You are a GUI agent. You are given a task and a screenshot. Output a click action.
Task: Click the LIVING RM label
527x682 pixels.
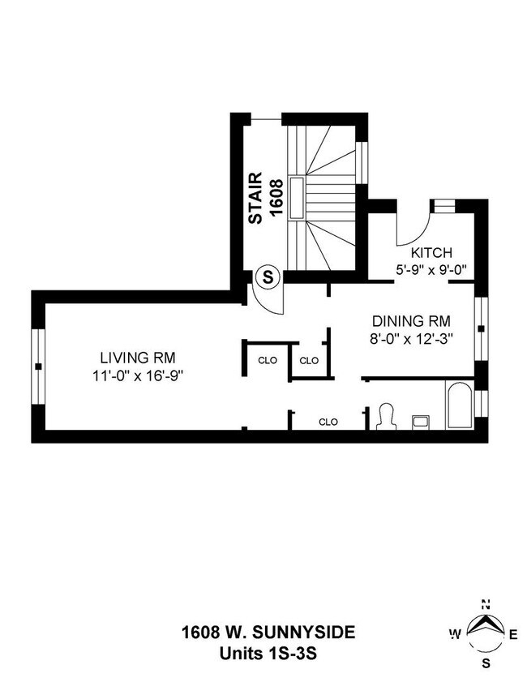pyautogui.click(x=138, y=357)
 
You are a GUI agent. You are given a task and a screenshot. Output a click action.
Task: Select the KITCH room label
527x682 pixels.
pyautogui.click(x=431, y=252)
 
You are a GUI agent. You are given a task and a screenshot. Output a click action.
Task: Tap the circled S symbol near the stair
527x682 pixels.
pyautogui.click(x=268, y=277)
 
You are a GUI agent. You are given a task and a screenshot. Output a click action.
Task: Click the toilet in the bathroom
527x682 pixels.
pyautogui.click(x=385, y=416)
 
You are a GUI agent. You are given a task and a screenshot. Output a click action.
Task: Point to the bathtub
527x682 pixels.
pyautogui.click(x=460, y=405)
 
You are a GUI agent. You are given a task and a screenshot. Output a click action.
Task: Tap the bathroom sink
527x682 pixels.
pyautogui.click(x=422, y=421)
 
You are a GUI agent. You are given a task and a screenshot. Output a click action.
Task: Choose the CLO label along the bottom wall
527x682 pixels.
pyautogui.click(x=328, y=422)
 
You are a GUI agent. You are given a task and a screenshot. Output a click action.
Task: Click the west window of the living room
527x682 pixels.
pyautogui.click(x=37, y=366)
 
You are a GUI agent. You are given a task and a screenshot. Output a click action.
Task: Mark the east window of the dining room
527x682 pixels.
pyautogui.click(x=481, y=328)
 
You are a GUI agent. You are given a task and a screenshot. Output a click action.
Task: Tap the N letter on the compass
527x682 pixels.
pyautogui.click(x=486, y=603)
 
